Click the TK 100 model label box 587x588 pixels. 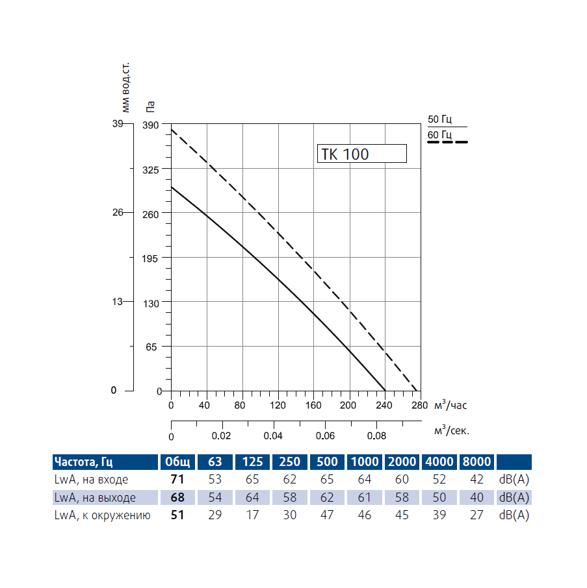pyautogui.click(x=361, y=154)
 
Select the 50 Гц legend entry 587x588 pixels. pyautogui.click(x=439, y=119)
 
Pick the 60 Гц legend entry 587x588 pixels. pyautogui.click(x=439, y=135)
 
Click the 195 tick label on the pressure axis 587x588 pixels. pyautogui.click(x=151, y=258)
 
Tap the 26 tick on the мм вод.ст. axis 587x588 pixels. pyautogui.click(x=118, y=213)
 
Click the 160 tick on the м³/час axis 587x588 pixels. pyautogui.click(x=313, y=406)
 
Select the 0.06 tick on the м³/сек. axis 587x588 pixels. pyautogui.click(x=325, y=435)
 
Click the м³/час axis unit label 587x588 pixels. pyautogui.click(x=450, y=406)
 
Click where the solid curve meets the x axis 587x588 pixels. pyautogui.click(x=385, y=391)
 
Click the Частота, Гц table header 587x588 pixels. pyautogui.click(x=84, y=462)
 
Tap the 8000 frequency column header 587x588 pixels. pyautogui.click(x=476, y=462)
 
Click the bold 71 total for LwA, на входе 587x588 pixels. pyautogui.click(x=177, y=480)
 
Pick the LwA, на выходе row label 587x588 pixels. pyautogui.click(x=96, y=498)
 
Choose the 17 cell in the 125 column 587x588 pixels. pyautogui.click(x=252, y=515)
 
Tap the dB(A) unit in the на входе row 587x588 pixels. pyautogui.click(x=514, y=480)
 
